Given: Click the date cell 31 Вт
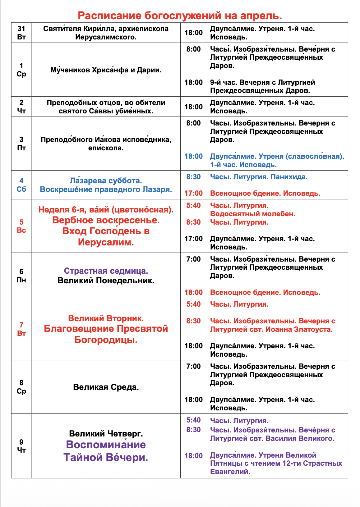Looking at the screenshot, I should point(21,33).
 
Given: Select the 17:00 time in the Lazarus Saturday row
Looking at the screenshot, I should point(193,193).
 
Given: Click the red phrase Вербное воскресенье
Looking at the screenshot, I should point(106,220).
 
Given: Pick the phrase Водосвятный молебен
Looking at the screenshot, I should point(252,214).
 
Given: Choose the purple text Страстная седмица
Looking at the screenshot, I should point(106,271).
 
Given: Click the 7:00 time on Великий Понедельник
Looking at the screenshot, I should point(193,259).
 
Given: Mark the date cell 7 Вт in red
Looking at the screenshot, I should point(21,329).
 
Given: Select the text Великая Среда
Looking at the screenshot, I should point(106,387).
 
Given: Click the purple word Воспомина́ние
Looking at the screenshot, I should point(106,445).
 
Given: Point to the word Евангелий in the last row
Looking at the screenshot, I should point(230,472).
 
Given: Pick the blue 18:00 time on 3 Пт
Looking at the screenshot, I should point(193,156).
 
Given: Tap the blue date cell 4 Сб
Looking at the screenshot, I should point(21,185).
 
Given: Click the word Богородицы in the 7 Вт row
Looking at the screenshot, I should point(106,340).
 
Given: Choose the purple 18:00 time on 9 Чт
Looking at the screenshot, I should point(193,456).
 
